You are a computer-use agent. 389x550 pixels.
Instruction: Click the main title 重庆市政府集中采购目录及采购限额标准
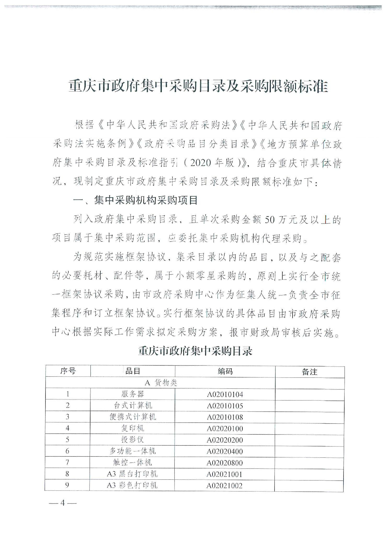[x=198, y=86]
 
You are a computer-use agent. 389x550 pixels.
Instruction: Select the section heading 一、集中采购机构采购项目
[x=135, y=200]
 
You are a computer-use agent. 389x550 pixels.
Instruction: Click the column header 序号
[x=68, y=371]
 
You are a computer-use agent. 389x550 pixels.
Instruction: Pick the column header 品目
[x=133, y=371]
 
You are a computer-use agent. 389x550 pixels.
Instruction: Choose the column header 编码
[x=225, y=371]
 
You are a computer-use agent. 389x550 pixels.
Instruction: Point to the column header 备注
[x=310, y=371]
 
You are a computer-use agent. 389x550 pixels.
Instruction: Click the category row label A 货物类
[x=161, y=383]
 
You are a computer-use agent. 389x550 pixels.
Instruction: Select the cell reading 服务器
[x=133, y=394]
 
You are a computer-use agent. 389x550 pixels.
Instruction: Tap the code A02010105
[x=225, y=406]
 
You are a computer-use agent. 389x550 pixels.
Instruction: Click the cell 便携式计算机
[x=133, y=417]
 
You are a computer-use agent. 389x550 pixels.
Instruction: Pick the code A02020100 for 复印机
[x=225, y=429]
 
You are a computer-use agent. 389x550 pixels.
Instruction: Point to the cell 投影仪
[x=133, y=440]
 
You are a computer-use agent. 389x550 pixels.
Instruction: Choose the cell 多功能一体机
[x=133, y=451]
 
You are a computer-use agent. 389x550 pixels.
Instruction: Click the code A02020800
[x=225, y=463]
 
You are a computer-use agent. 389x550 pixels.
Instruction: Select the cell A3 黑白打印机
[x=132, y=474]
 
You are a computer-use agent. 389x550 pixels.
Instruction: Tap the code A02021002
[x=225, y=486]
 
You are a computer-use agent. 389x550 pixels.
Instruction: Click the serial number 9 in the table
[x=67, y=485]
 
